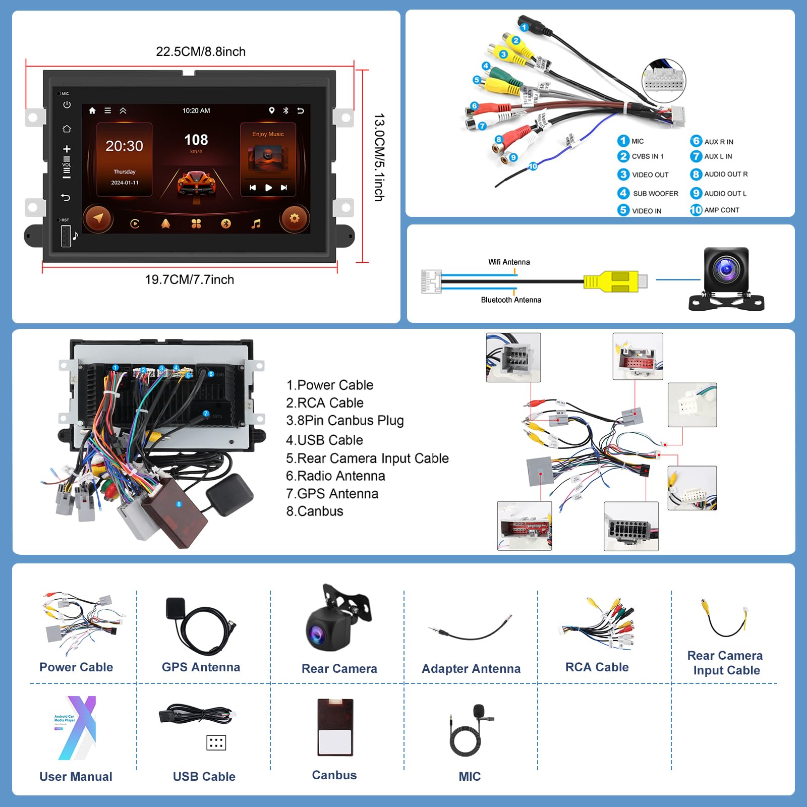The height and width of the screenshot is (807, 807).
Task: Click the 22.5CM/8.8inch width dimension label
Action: [201, 51]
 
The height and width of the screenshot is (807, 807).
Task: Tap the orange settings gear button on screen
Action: [294, 218]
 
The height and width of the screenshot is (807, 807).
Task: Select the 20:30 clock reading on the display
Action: [124, 146]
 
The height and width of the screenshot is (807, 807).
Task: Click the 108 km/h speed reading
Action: [196, 141]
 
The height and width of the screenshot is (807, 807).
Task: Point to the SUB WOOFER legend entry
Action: [655, 194]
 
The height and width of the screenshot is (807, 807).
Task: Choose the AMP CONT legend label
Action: [721, 210]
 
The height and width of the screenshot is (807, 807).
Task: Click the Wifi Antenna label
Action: [509, 262]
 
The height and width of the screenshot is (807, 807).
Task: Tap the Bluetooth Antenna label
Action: [511, 300]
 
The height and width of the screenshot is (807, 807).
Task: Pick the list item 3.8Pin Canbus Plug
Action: [345, 421]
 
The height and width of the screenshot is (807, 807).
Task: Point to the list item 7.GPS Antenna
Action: [332, 494]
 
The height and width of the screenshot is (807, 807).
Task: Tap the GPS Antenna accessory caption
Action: [201, 667]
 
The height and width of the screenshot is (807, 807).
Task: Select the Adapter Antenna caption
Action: [471, 669]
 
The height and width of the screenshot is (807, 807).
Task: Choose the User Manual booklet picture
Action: [76, 728]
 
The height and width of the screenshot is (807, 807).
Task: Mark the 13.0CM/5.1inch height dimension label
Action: [379, 157]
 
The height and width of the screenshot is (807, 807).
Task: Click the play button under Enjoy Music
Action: [268, 188]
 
